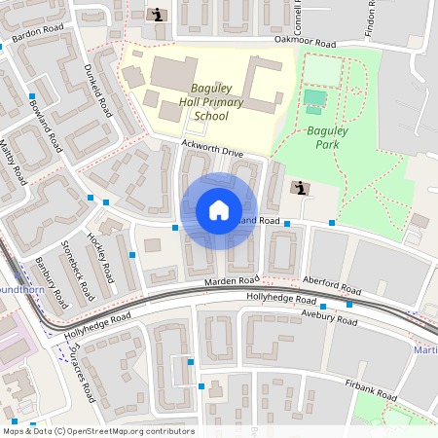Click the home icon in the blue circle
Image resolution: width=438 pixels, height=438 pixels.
click(x=219, y=210)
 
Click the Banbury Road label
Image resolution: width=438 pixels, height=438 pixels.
click(x=46, y=275)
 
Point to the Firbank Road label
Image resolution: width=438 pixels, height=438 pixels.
click(x=371, y=389)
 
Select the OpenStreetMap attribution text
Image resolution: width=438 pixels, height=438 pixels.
click(x=98, y=430)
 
